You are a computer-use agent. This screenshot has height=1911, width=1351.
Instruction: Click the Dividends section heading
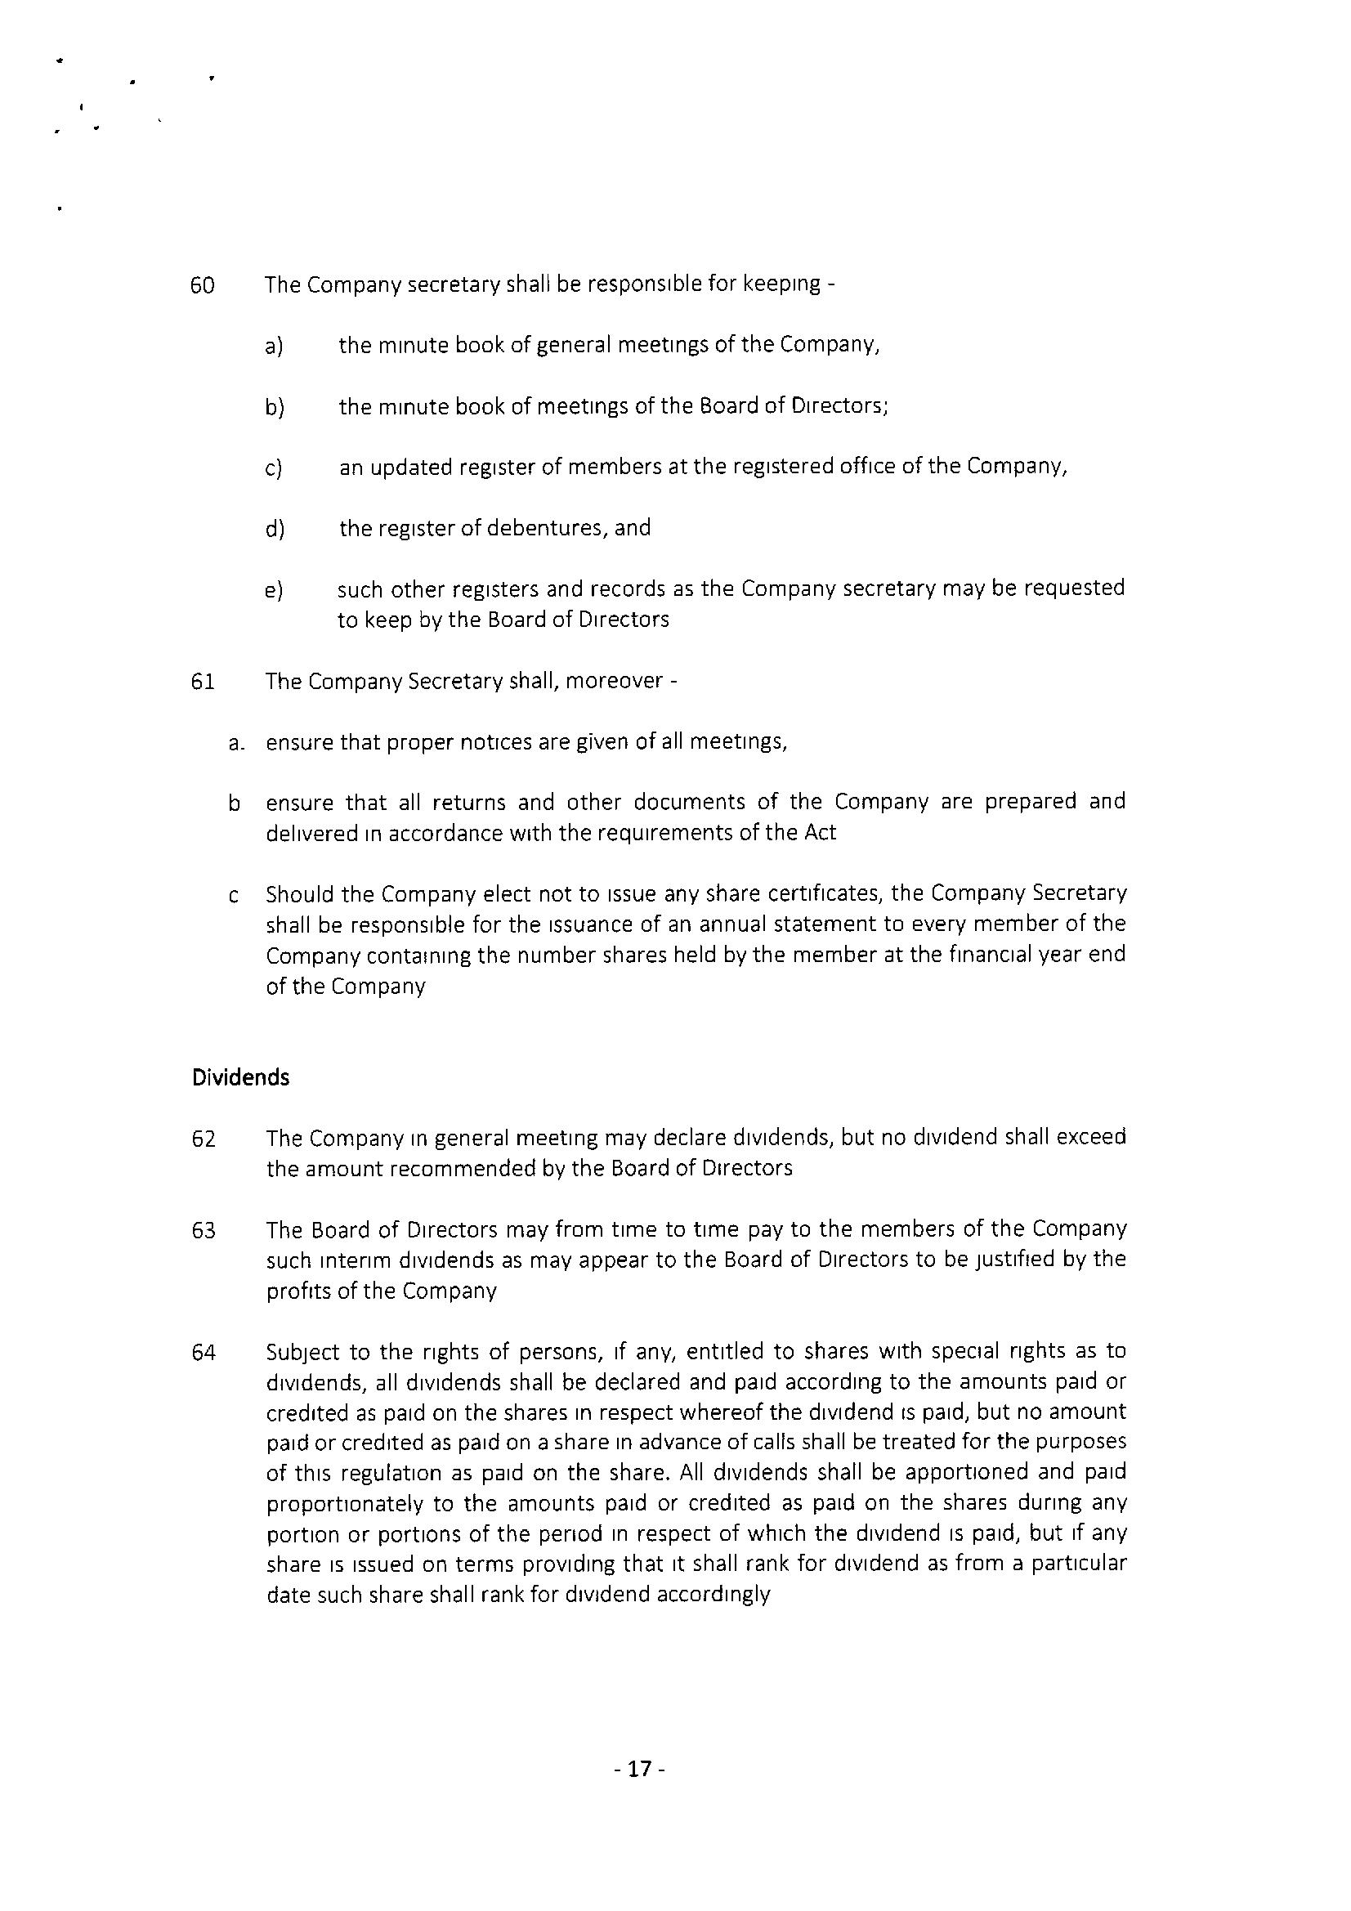pos(240,1077)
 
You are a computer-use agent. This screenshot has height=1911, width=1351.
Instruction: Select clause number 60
pos(204,285)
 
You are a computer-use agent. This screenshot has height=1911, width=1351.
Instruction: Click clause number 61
pos(204,682)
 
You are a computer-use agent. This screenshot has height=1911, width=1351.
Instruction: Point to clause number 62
pos(204,1139)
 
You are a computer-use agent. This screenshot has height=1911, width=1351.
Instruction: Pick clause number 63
pos(204,1230)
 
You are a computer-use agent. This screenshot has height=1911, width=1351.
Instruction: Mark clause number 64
pos(204,1353)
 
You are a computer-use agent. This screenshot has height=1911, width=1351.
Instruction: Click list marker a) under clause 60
pos(274,347)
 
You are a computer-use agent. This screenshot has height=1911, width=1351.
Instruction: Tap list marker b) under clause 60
pos(275,408)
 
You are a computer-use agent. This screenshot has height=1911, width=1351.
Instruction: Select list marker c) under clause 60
pos(274,468)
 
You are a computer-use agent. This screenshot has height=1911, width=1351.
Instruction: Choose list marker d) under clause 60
pos(275,530)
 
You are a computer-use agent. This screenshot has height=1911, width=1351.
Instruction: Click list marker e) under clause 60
pos(274,591)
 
